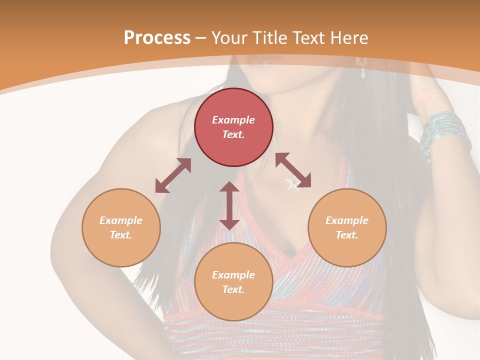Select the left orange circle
click(121, 227)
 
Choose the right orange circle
click(347, 227)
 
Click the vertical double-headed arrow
click(229, 205)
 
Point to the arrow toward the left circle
click(173, 175)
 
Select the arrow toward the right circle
click(293, 170)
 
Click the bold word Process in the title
click(157, 38)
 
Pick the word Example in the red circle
click(233, 120)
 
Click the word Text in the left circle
click(121, 235)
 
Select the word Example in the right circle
click(347, 220)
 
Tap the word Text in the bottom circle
click(233, 289)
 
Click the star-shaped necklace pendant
click(292, 183)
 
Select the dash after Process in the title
click(201, 38)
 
